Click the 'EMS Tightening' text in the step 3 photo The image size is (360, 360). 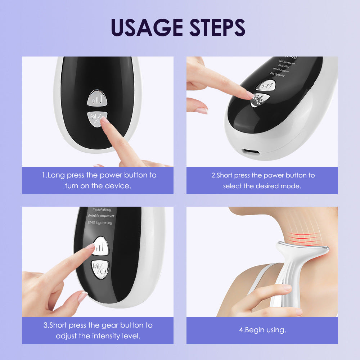[x=100, y=223]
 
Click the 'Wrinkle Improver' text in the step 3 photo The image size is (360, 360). [x=101, y=216]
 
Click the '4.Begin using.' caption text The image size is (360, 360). [x=262, y=330]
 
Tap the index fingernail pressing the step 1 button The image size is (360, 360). [x=105, y=120]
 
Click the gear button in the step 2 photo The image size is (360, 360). [x=266, y=86]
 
